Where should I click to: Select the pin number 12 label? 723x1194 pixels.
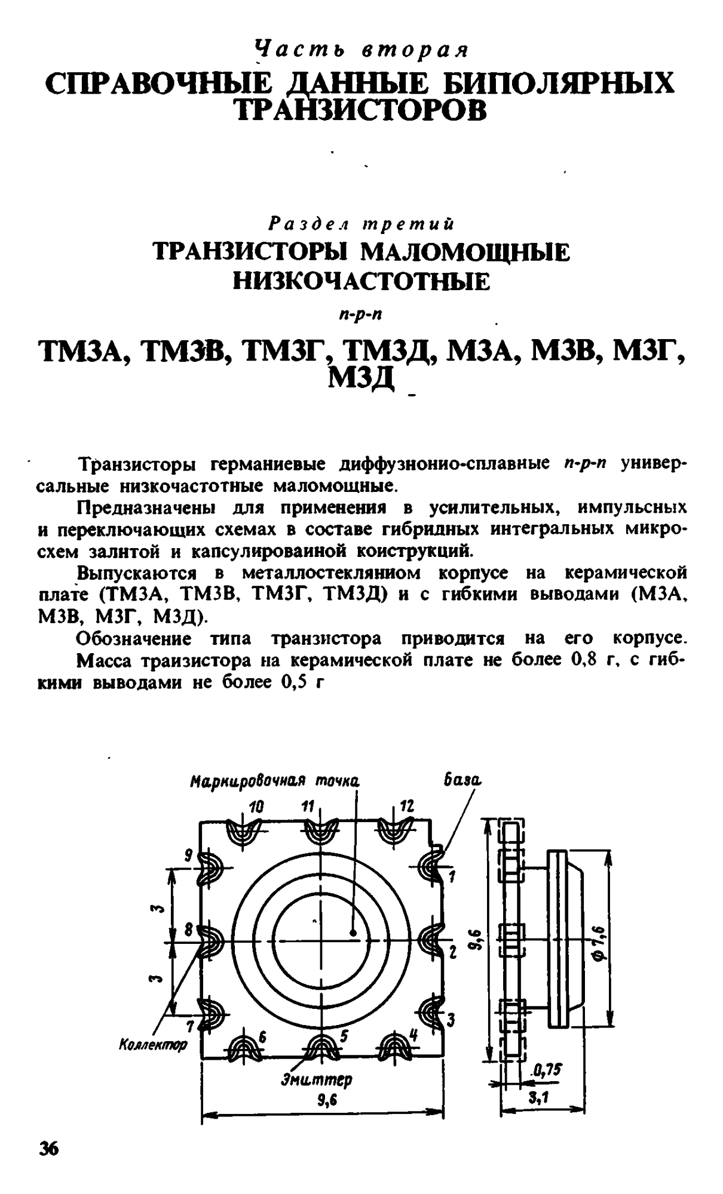[406, 807]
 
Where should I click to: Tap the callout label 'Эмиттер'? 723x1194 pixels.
[316, 1079]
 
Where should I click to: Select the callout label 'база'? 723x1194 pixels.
[462, 780]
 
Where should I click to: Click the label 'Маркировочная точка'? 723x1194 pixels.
[275, 781]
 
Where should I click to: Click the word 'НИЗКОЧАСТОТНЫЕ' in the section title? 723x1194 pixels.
[361, 281]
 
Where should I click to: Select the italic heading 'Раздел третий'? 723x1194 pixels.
[362, 224]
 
